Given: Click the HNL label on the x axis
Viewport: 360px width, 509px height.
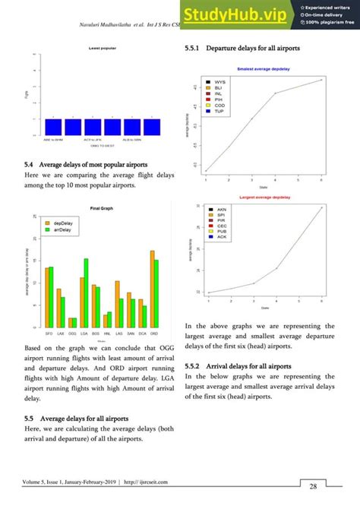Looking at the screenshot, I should coord(107,333).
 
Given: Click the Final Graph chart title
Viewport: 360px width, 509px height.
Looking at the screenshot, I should coord(101,208).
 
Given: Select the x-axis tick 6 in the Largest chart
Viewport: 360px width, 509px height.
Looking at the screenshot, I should coord(321,302).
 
